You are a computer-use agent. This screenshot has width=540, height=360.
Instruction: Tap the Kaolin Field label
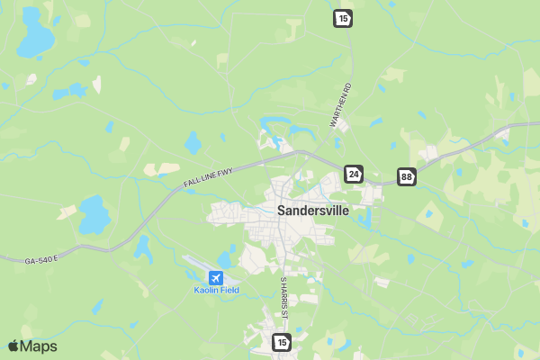coord(216,290)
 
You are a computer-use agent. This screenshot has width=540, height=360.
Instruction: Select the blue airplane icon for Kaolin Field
coord(216,277)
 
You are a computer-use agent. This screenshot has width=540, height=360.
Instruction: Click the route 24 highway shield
coord(354,173)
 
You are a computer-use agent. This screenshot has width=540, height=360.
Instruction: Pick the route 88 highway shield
coord(407,176)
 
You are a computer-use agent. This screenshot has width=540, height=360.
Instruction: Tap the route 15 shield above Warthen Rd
coord(341,17)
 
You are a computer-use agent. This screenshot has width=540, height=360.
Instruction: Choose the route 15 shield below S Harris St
coord(282,342)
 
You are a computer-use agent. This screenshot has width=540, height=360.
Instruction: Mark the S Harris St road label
coord(283,297)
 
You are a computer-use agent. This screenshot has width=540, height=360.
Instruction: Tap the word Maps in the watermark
coord(39,346)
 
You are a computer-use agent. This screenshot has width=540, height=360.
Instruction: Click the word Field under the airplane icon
coord(229,290)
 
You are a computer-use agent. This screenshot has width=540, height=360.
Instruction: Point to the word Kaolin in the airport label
coord(206,290)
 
